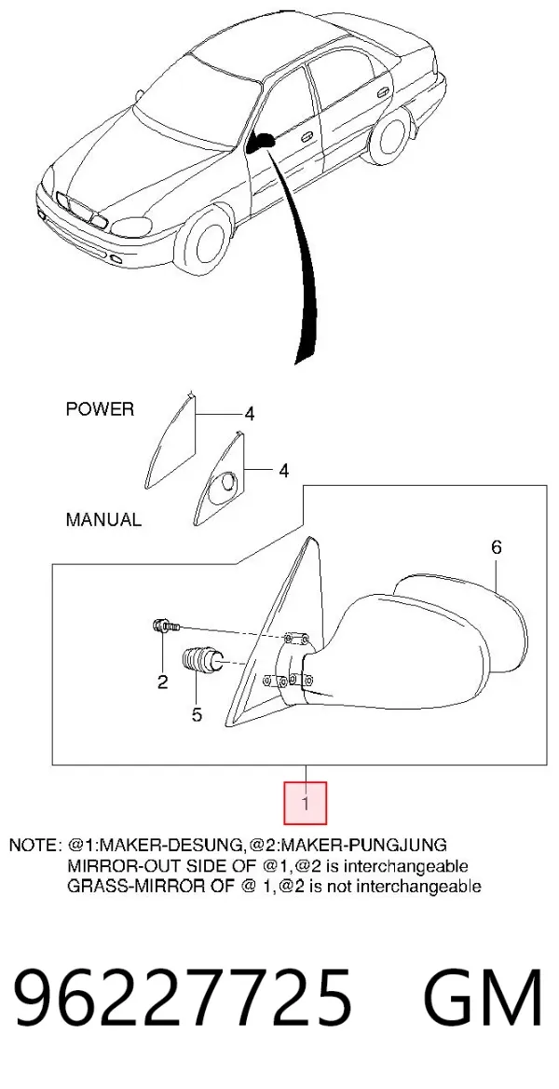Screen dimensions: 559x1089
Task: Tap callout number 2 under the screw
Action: click(x=162, y=682)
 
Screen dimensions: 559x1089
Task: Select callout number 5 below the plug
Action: click(x=197, y=713)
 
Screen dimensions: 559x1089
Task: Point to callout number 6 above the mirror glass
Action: click(x=496, y=547)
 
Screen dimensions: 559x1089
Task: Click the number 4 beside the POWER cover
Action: click(x=249, y=415)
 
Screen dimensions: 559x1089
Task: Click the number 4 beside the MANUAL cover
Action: click(x=283, y=471)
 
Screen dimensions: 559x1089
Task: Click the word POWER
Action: click(x=100, y=409)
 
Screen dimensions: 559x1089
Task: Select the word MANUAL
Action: click(x=103, y=518)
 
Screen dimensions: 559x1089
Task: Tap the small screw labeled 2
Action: click(x=165, y=627)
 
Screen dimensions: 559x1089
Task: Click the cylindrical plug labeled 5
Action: click(x=201, y=660)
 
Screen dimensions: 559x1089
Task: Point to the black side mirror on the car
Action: click(x=262, y=142)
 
